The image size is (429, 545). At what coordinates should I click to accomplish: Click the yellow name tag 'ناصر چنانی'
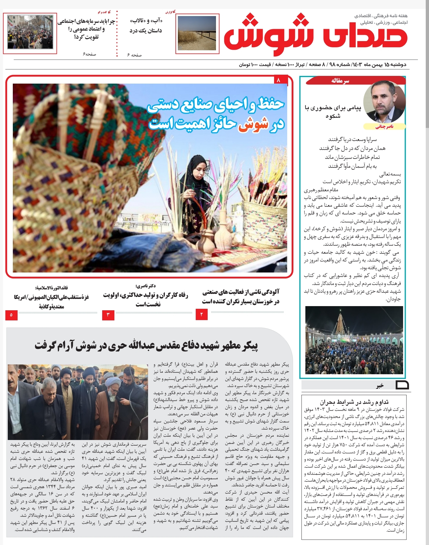[x=384, y=127]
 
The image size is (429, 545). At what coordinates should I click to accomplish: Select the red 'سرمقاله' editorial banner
[x=340, y=81]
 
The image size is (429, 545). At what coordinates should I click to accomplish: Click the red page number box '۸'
[x=279, y=80]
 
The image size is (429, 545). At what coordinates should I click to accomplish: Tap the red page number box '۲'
[x=202, y=314]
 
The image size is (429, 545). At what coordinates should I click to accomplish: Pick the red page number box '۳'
[x=108, y=315]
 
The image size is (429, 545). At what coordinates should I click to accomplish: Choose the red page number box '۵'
[x=11, y=315]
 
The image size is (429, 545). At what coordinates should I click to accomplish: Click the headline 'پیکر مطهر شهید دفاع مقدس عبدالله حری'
[x=146, y=346]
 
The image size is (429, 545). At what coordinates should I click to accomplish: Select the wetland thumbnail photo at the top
[x=197, y=33]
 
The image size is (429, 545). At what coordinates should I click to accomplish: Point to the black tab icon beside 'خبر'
[x=402, y=385]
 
